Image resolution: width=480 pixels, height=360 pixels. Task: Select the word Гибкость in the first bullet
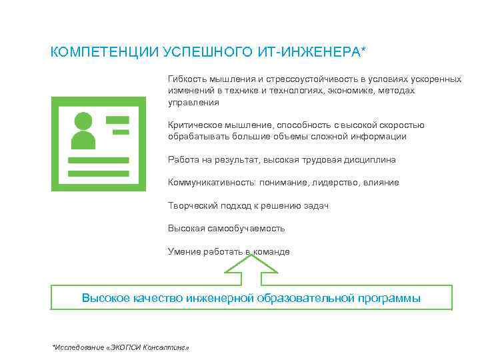click(x=187, y=79)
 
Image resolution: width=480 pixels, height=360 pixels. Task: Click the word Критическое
click(x=194, y=125)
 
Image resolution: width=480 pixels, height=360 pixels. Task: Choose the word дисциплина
click(x=365, y=160)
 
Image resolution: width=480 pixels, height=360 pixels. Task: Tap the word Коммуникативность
click(x=208, y=182)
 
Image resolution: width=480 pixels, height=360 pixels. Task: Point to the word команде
click(x=271, y=251)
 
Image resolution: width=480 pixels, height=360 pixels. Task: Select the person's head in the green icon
click(x=83, y=122)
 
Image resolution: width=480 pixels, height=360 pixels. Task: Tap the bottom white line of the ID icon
click(x=99, y=173)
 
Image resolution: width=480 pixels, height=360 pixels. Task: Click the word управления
click(x=193, y=103)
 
